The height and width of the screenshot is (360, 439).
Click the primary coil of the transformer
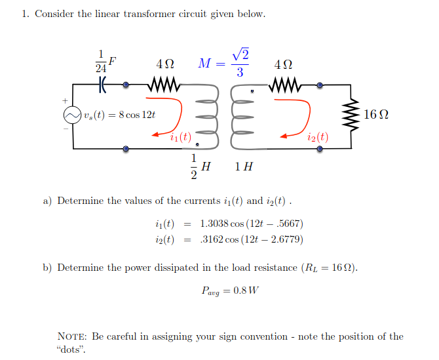pyautogui.click(x=206, y=118)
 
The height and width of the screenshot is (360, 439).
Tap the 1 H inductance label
pyautogui.click(x=243, y=167)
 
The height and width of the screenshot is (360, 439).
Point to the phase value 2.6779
pyautogui.click(x=287, y=239)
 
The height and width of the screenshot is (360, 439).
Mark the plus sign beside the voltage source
pyautogui.click(x=65, y=100)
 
